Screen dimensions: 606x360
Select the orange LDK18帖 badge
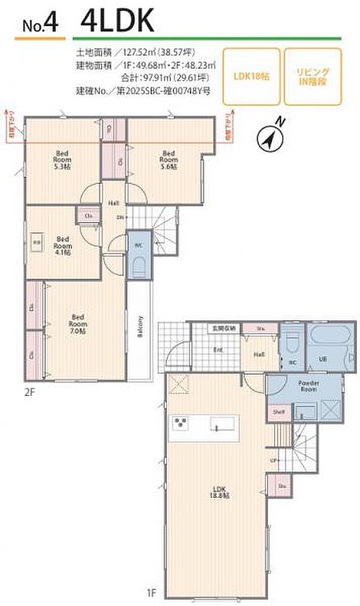251,76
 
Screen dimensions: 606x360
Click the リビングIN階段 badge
313,76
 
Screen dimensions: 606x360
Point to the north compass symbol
269,137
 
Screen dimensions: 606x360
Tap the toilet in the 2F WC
139,266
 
